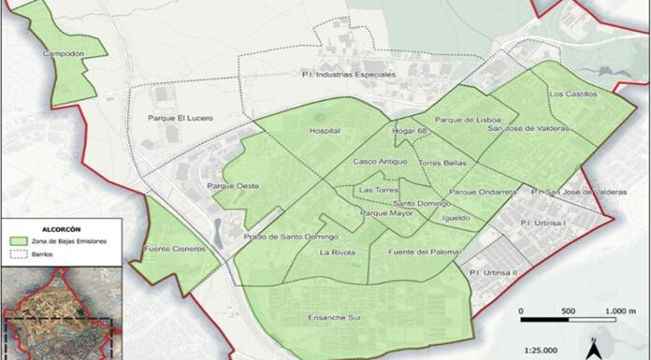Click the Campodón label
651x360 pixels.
(64, 54)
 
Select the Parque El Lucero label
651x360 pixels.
(181, 119)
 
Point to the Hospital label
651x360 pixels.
(324, 131)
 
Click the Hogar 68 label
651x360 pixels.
(410, 131)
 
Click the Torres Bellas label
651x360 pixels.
(442, 163)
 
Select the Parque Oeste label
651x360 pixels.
(233, 186)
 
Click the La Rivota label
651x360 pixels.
(336, 252)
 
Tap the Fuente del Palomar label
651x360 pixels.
(419, 252)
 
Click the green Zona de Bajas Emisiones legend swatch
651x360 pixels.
(20, 239)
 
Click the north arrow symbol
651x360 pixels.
(592, 348)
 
